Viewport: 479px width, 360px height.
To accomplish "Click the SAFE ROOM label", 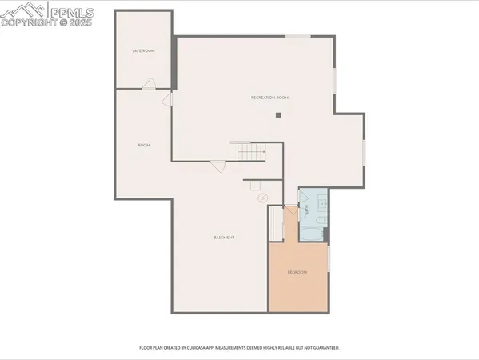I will [143, 51].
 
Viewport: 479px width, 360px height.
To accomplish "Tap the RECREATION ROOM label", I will [269, 98].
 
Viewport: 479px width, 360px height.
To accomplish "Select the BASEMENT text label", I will [224, 238].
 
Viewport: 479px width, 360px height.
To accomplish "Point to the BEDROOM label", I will [297, 273].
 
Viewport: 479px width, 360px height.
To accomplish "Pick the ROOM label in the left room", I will [144, 145].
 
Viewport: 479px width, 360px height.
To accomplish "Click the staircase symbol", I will [251, 151].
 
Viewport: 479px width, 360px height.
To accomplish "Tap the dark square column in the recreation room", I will [278, 115].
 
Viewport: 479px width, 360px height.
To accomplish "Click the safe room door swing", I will [149, 83].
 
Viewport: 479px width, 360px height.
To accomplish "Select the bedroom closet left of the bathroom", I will [276, 223].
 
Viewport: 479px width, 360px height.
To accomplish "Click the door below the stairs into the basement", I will [218, 166].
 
